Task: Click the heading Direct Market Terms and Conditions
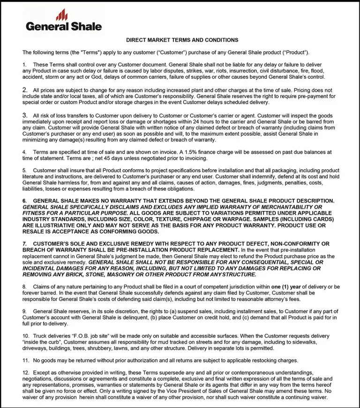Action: [x=182, y=40]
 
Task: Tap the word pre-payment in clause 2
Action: [x=306, y=96]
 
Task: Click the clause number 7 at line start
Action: [x=25, y=243]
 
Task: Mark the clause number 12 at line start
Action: [x=26, y=372]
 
